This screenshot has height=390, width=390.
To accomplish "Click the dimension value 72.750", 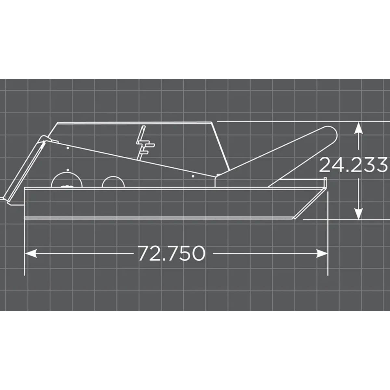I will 172,253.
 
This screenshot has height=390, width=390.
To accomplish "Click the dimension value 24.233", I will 353,165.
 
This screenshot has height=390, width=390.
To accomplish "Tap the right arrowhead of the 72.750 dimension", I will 322,253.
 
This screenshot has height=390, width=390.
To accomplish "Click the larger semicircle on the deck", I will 66,181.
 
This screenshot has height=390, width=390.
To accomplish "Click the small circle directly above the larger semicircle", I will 67,170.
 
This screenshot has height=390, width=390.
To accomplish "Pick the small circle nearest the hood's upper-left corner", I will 67,148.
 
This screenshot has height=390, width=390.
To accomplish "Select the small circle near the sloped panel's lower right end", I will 193,176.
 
